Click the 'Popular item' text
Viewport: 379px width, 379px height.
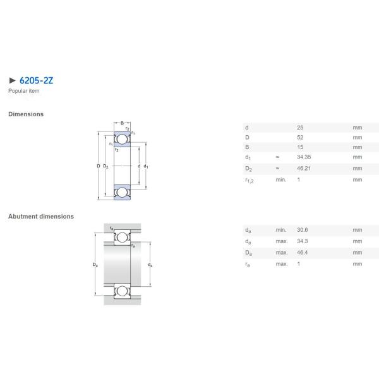click(23, 91)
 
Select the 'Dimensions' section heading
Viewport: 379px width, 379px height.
click(26, 114)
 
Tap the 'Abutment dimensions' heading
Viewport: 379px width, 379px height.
click(41, 216)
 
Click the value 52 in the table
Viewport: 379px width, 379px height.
click(300, 137)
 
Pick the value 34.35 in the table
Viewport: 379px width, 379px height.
click(304, 157)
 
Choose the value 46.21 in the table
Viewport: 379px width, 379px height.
click(304, 169)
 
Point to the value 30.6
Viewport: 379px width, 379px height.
click(303, 230)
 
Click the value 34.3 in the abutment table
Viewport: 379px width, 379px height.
click(303, 241)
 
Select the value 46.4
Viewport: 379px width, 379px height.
click(303, 252)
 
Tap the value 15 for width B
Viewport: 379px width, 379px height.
click(300, 147)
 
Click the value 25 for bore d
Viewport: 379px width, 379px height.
click(300, 127)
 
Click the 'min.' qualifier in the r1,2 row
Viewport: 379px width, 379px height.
click(281, 179)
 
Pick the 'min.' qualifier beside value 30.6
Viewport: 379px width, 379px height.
click(281, 230)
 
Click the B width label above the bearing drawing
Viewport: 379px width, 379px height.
click(122, 123)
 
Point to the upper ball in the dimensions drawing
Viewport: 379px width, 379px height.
click(122, 139)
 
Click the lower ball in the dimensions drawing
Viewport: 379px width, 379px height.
click(122, 192)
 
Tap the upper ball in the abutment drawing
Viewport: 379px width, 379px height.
click(122, 238)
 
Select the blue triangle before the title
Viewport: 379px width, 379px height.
click(11, 81)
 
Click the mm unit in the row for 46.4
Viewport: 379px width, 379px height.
click(358, 252)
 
